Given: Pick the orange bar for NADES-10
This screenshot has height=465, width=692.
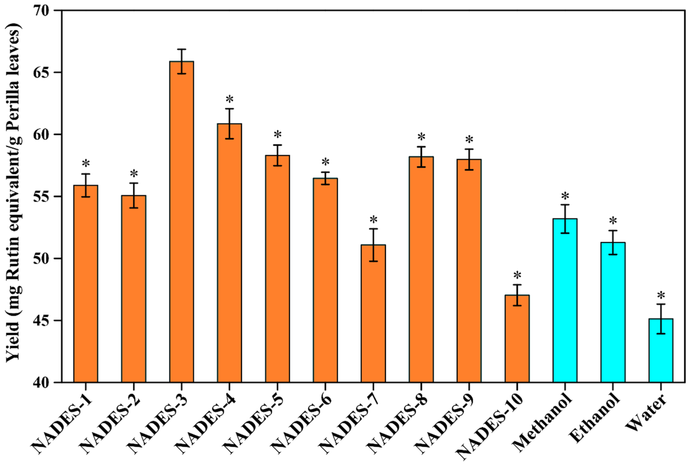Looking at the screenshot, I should coord(517,338).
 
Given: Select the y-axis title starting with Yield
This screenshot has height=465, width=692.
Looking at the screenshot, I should coord(13,196).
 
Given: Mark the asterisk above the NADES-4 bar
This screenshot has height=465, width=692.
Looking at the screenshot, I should coord(229,100).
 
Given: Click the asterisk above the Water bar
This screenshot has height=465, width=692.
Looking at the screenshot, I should coord(661,296).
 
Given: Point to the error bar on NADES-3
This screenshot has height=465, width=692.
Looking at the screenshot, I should coord(182,61).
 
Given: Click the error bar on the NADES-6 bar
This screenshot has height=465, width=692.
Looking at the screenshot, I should coord(325,178).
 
